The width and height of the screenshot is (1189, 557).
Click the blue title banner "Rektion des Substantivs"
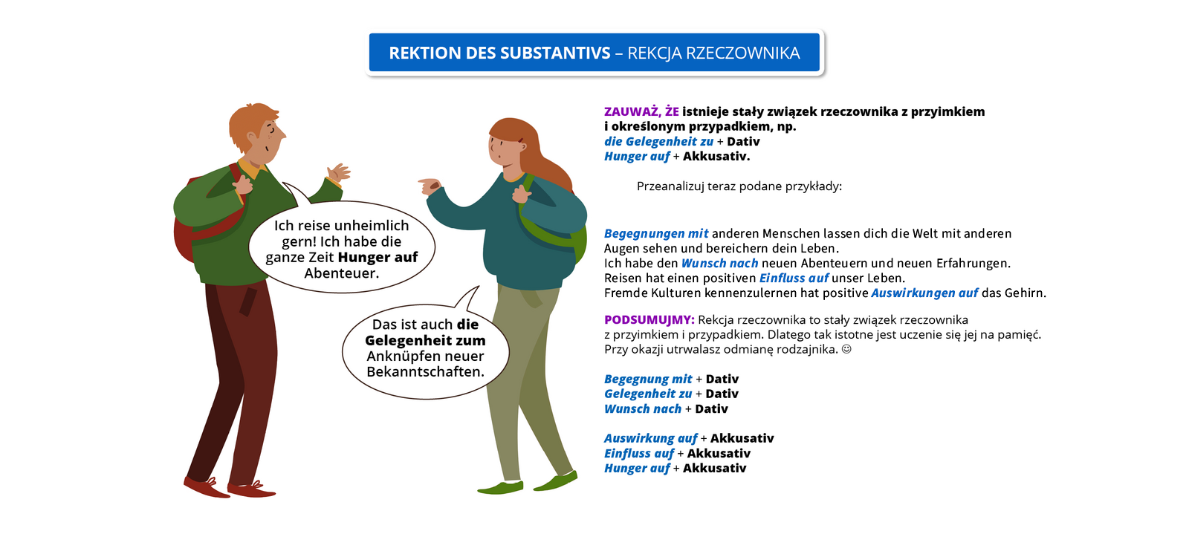tap(594, 53)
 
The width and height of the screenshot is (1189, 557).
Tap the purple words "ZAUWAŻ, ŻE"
tap(641, 112)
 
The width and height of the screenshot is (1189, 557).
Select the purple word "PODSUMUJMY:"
tap(649, 320)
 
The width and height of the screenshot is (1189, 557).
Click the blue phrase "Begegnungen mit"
tap(656, 234)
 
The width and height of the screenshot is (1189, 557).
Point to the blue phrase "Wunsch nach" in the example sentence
tap(719, 264)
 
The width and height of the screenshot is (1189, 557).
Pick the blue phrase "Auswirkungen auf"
tap(924, 293)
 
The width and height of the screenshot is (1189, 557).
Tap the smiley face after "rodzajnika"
tap(846, 349)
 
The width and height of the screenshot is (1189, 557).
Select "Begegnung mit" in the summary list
tap(648, 380)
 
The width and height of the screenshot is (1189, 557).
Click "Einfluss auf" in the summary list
tap(639, 454)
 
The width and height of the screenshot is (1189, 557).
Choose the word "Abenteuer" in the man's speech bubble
tap(341, 273)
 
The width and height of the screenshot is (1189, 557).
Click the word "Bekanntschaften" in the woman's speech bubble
tap(425, 372)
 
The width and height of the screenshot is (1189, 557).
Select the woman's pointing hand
tap(429, 185)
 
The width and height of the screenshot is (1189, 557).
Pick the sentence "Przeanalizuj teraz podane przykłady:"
tap(739, 186)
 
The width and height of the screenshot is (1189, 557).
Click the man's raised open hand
tap(339, 172)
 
